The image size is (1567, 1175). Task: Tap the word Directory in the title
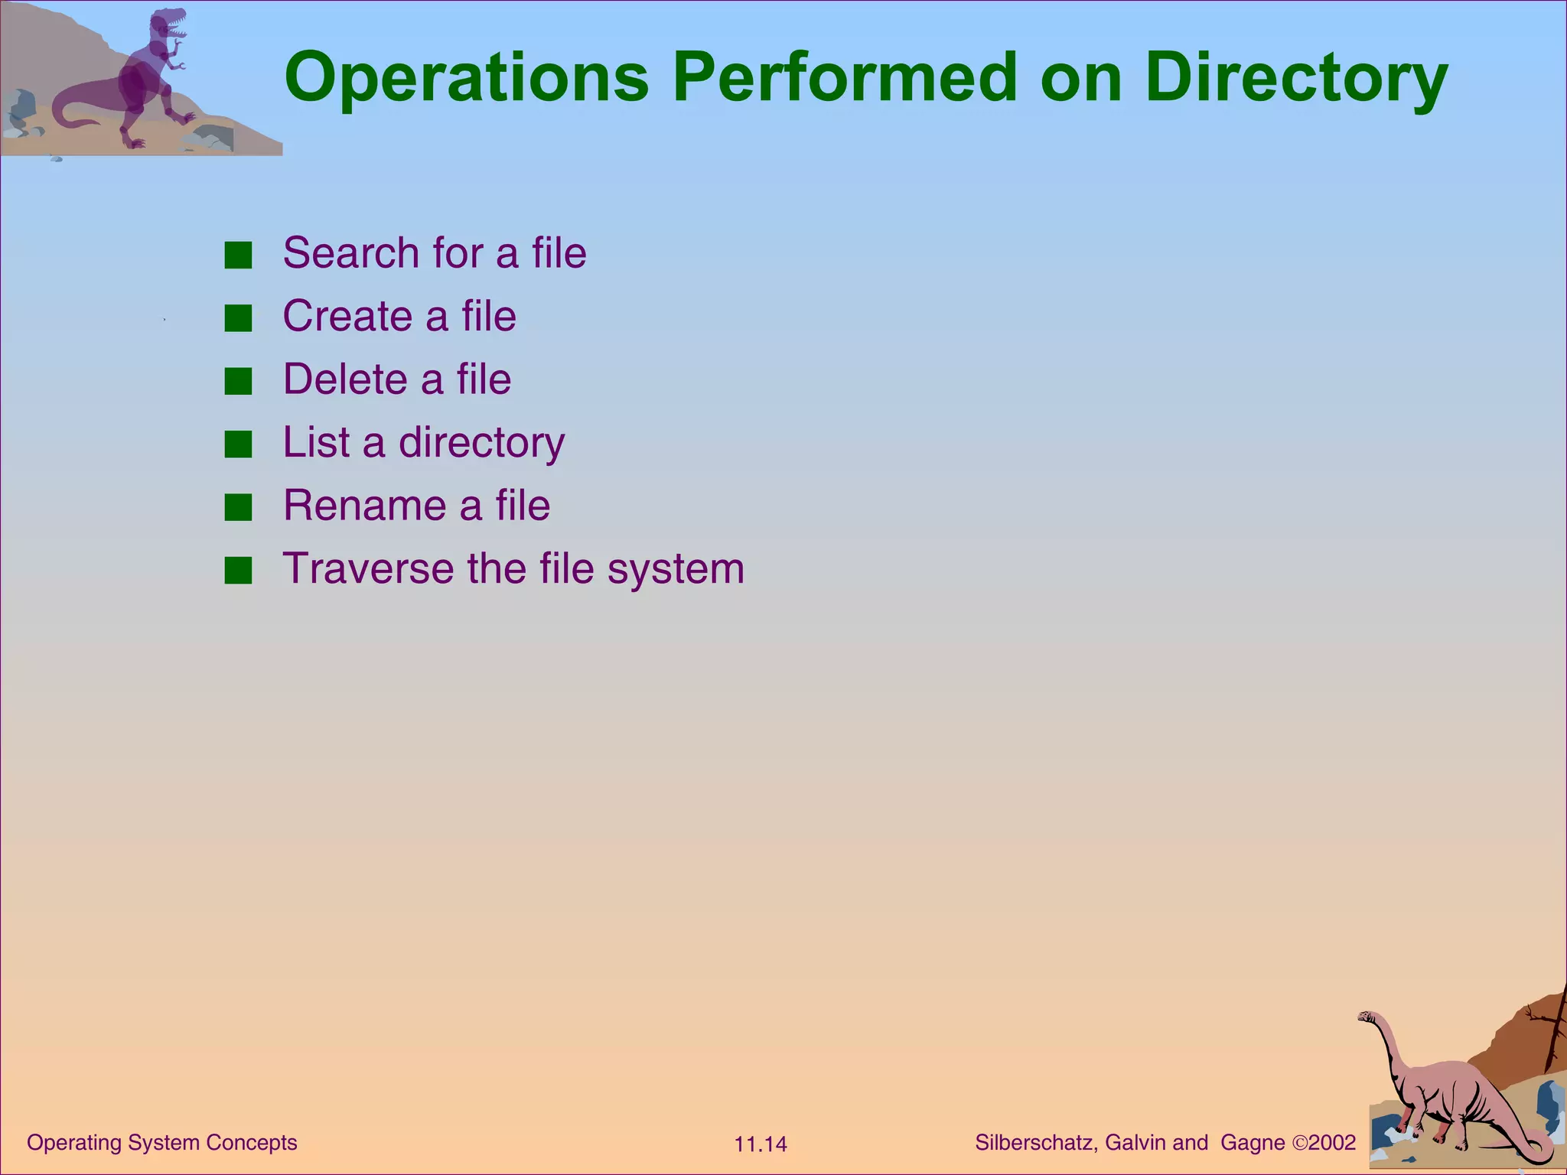[1296, 78]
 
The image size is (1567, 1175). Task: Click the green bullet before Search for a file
[238, 256]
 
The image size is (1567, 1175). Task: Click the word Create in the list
[348, 317]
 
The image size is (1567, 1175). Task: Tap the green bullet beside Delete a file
[238, 382]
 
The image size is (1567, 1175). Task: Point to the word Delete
[344, 379]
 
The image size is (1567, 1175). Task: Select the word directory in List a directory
[481, 444]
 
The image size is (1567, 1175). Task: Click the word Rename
[364, 506]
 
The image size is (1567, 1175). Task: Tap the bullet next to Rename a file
[238, 508]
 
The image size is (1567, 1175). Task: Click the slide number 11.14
[760, 1144]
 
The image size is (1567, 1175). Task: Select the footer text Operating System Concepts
[161, 1142]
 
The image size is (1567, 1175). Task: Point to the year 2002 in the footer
[1332, 1143]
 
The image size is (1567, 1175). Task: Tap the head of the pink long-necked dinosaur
[1367, 1017]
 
